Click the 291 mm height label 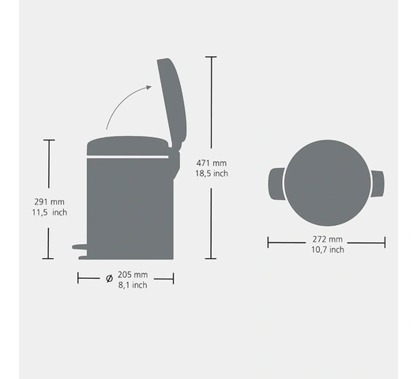click(49, 202)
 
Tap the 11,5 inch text click(50, 212)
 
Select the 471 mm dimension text click(212, 163)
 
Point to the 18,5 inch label click(212, 174)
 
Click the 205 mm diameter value click(133, 275)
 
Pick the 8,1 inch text click(133, 285)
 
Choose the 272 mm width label click(328, 239)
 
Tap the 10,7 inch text click(328, 250)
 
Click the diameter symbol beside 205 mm click(109, 279)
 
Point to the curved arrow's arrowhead click(148, 88)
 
